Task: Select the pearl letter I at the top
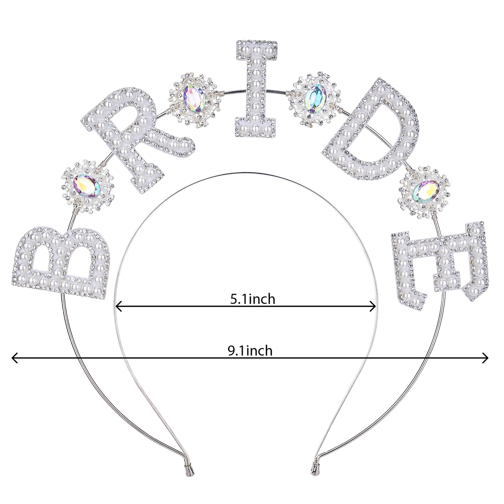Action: pyautogui.click(x=256, y=89)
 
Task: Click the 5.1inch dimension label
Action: pyautogui.click(x=253, y=299)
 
